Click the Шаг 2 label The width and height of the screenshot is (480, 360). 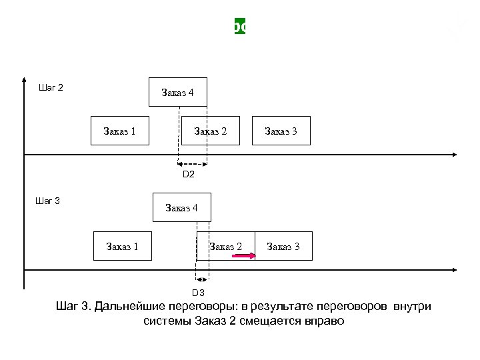tap(51, 87)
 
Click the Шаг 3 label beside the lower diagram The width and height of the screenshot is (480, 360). tap(48, 201)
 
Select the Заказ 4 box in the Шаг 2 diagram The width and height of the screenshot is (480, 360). tap(178, 93)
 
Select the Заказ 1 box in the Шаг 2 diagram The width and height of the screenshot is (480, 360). tap(120, 131)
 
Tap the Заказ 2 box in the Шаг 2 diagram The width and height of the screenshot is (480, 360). tap(210, 131)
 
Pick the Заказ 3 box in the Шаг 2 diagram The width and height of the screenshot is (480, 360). tap(281, 131)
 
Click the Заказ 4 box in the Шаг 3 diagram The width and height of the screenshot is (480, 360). tap(181, 207)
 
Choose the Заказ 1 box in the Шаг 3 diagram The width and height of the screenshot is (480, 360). tap(123, 247)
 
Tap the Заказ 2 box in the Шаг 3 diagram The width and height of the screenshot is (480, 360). tap(226, 246)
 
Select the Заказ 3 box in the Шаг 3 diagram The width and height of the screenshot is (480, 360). tap(283, 247)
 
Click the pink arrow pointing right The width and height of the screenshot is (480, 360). tap(244, 255)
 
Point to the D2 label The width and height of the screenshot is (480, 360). tap(189, 175)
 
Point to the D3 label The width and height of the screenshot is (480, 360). tap(198, 293)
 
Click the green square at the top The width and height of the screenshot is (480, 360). tap(240, 27)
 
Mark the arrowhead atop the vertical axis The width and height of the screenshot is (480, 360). tap(24, 75)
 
